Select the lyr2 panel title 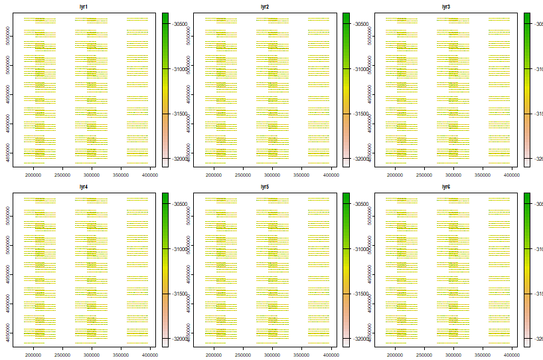point(265,7)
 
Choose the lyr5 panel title point(265,187)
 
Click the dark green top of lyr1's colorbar point(166,15)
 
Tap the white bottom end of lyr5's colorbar point(347,343)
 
